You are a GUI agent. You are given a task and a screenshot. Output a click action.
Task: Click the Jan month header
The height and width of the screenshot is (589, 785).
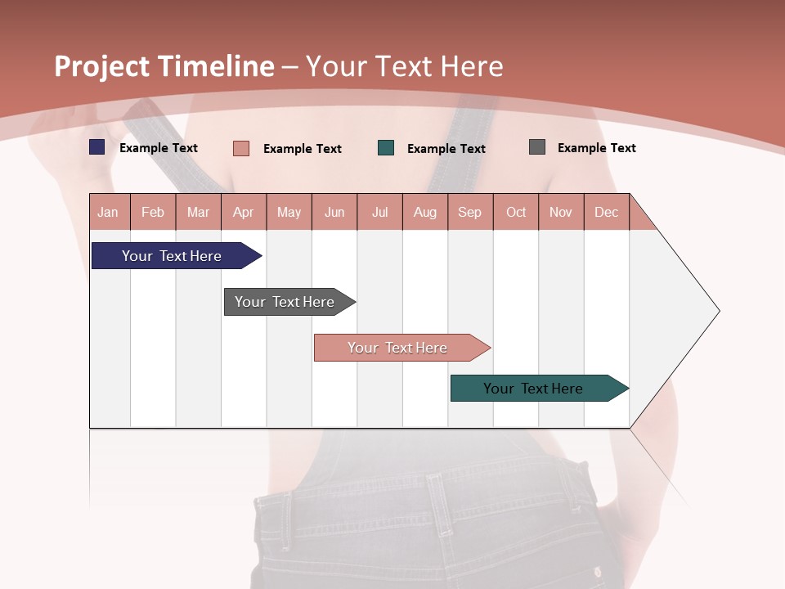click(108, 212)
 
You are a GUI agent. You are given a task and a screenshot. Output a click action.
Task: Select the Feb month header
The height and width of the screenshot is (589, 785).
click(153, 212)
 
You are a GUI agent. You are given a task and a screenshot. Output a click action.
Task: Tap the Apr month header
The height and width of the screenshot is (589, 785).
click(243, 212)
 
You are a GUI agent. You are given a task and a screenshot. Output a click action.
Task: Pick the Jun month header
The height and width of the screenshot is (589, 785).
click(334, 212)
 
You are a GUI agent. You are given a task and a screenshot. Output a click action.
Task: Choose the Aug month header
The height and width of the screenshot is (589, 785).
click(424, 212)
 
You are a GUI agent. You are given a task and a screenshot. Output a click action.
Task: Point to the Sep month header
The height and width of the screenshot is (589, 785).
click(469, 212)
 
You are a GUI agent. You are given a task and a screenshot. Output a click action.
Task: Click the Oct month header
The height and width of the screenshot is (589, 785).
click(516, 212)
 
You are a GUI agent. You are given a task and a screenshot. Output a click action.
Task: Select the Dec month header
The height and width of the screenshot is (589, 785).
click(606, 212)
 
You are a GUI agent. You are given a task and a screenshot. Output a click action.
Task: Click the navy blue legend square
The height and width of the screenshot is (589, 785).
click(97, 147)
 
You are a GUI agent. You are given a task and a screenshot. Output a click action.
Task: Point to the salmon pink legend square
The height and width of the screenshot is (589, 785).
click(241, 148)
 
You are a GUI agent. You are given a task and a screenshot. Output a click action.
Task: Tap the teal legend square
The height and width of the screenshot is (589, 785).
click(386, 148)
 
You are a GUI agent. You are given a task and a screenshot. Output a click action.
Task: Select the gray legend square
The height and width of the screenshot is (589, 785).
click(537, 147)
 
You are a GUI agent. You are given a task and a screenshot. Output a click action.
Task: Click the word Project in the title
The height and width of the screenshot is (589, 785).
click(101, 66)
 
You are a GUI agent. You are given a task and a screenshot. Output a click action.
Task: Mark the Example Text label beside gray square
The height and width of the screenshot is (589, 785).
click(596, 148)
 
